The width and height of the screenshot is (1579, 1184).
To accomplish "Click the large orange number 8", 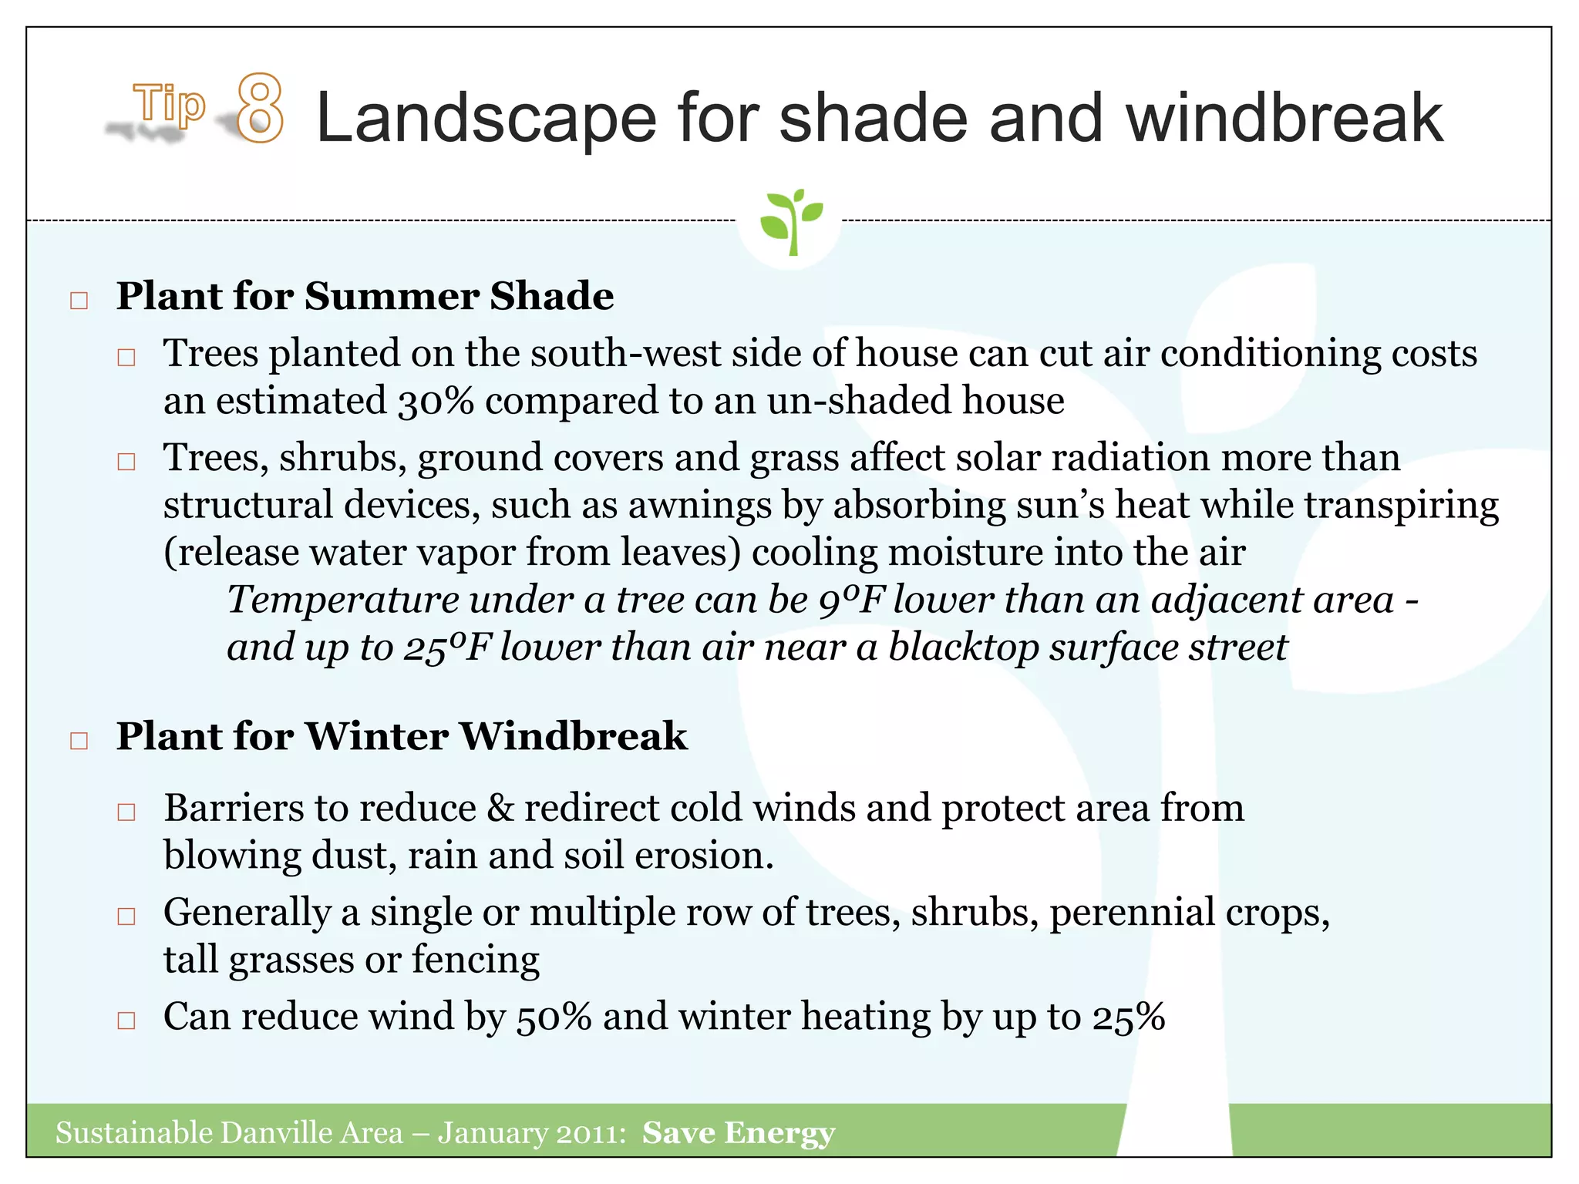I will click(x=260, y=109).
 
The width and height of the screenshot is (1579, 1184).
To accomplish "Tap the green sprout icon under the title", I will click(x=790, y=220).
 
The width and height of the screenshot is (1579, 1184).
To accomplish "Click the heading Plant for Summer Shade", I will click(x=365, y=296).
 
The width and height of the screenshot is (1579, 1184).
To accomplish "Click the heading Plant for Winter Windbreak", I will click(x=401, y=736).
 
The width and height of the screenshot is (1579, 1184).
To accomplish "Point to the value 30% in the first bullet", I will click(x=436, y=402).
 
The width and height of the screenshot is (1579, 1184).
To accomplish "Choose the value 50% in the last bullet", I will click(x=554, y=1017).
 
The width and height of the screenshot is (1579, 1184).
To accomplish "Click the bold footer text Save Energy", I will click(x=738, y=1133).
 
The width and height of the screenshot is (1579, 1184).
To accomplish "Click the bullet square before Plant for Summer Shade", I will click(x=79, y=301).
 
